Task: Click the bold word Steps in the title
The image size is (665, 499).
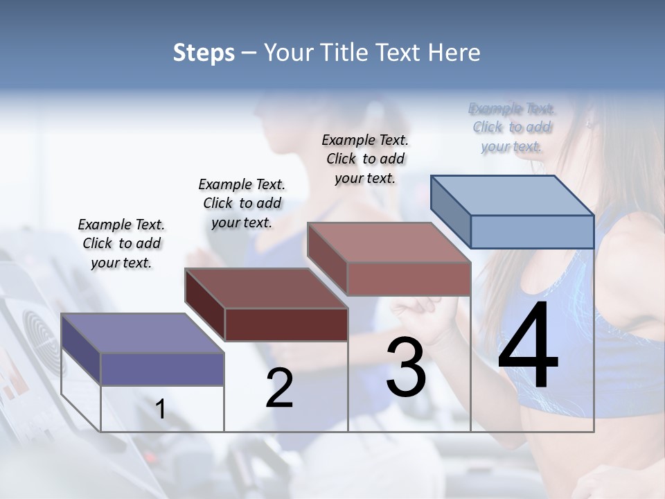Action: [203, 53]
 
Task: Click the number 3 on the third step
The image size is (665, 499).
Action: [406, 367]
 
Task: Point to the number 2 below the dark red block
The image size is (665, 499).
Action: [279, 387]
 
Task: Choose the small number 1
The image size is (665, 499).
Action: [160, 409]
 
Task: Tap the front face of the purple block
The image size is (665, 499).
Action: [162, 369]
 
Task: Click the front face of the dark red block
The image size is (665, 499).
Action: [286, 324]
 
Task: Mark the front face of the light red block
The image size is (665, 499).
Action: [409, 279]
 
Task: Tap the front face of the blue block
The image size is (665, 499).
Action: [532, 231]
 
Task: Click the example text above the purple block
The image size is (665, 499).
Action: [121, 243]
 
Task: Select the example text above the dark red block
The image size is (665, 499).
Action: [242, 203]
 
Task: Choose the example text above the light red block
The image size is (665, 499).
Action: [365, 159]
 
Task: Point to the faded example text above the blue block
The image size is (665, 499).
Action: [512, 127]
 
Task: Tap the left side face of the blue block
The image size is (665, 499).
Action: [450, 211]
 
